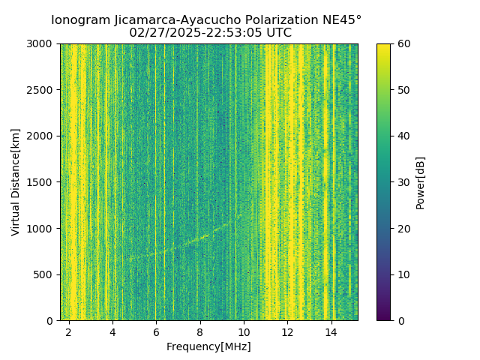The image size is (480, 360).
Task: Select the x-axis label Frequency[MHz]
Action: click(x=208, y=346)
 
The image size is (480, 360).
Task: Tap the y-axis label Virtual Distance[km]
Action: click(x=16, y=181)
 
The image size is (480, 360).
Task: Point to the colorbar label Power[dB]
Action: click(x=420, y=181)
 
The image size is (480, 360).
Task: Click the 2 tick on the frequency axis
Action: click(x=69, y=331)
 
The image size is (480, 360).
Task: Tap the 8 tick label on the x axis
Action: click(x=200, y=331)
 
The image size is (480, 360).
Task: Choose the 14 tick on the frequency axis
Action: click(x=331, y=331)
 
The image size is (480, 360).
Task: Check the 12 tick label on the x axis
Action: click(x=287, y=331)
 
